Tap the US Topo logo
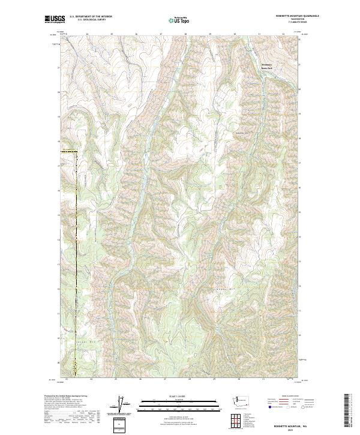[x=180, y=20]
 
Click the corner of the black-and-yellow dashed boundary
[x=77, y=152]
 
